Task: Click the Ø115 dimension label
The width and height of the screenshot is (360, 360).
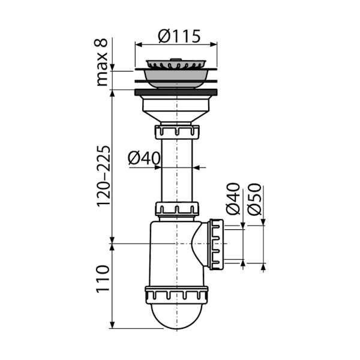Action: (x=179, y=36)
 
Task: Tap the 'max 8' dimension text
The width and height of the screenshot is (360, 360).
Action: (x=102, y=62)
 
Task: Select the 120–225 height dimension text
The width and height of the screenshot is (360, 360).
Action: (x=103, y=176)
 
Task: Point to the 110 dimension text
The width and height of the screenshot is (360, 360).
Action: (x=103, y=279)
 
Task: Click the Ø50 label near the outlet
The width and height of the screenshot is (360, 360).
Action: (x=254, y=199)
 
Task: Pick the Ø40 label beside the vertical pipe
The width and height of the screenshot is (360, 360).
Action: (x=144, y=158)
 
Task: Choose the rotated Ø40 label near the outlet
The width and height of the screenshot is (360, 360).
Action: (x=233, y=199)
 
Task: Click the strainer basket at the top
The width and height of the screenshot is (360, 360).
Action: (x=176, y=64)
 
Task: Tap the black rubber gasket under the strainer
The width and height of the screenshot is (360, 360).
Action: (x=176, y=92)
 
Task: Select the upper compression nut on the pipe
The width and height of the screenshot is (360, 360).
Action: (x=177, y=132)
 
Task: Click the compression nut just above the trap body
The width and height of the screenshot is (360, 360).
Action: (x=177, y=209)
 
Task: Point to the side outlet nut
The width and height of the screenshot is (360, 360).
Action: (x=216, y=244)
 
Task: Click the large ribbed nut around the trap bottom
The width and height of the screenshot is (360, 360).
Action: (x=176, y=295)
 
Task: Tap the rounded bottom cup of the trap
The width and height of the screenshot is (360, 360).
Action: (x=176, y=316)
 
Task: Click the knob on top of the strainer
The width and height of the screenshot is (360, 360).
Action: (x=176, y=59)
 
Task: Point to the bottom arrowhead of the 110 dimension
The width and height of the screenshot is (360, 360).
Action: (x=112, y=325)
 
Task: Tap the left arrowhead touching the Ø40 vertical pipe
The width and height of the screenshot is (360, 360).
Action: (x=158, y=167)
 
